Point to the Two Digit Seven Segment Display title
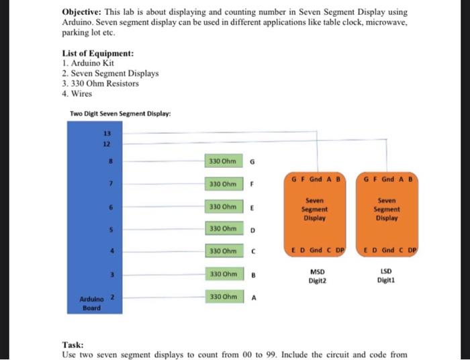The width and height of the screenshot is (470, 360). pyautogui.click(x=120, y=114)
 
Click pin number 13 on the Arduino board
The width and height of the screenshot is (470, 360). pyautogui.click(x=105, y=134)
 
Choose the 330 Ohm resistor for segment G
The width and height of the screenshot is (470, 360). pyautogui.click(x=223, y=161)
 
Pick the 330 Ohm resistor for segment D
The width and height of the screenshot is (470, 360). pyautogui.click(x=223, y=228)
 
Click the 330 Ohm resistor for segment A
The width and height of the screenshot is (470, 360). pyautogui.click(x=223, y=296)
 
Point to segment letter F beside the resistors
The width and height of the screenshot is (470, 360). pyautogui.click(x=252, y=184)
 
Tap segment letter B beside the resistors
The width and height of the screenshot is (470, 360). pyautogui.click(x=252, y=275)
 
